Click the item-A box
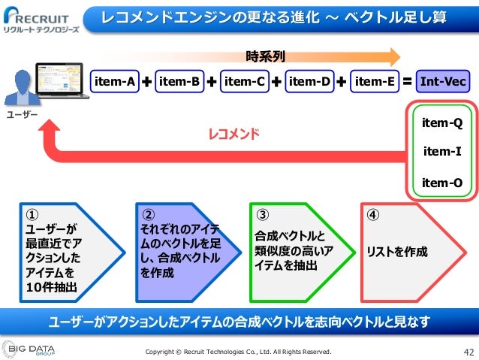113,81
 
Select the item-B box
179,81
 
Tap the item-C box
245,81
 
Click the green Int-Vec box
441,81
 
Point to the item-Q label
441,123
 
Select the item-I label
441,152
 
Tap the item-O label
441,182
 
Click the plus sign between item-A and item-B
146,81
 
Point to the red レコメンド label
233,135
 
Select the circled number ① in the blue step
31,213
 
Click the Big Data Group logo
34,349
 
